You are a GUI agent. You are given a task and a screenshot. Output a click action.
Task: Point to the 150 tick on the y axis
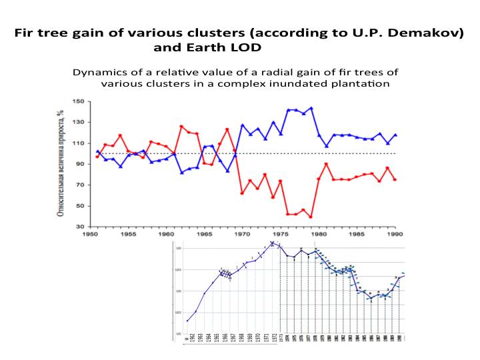pyautogui.click(x=79, y=101)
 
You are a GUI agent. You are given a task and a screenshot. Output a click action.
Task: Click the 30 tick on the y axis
pyautogui.click(x=81, y=227)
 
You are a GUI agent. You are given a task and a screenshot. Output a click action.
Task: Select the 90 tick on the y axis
pyautogui.click(x=81, y=164)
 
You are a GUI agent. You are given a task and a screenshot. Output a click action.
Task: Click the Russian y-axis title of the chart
pyautogui.click(x=61, y=163)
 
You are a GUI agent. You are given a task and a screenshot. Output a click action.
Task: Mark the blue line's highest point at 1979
pyautogui.click(x=311, y=108)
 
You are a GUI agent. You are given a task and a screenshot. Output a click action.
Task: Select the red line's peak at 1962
pyautogui.click(x=182, y=126)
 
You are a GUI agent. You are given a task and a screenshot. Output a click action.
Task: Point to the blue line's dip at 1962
pyautogui.click(x=182, y=173)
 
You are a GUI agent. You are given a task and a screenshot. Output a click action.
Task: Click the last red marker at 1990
pyautogui.click(x=396, y=179)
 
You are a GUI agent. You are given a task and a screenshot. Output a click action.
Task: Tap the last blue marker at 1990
pyautogui.click(x=396, y=135)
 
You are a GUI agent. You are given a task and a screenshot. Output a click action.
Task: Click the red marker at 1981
pyautogui.click(x=327, y=164)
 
